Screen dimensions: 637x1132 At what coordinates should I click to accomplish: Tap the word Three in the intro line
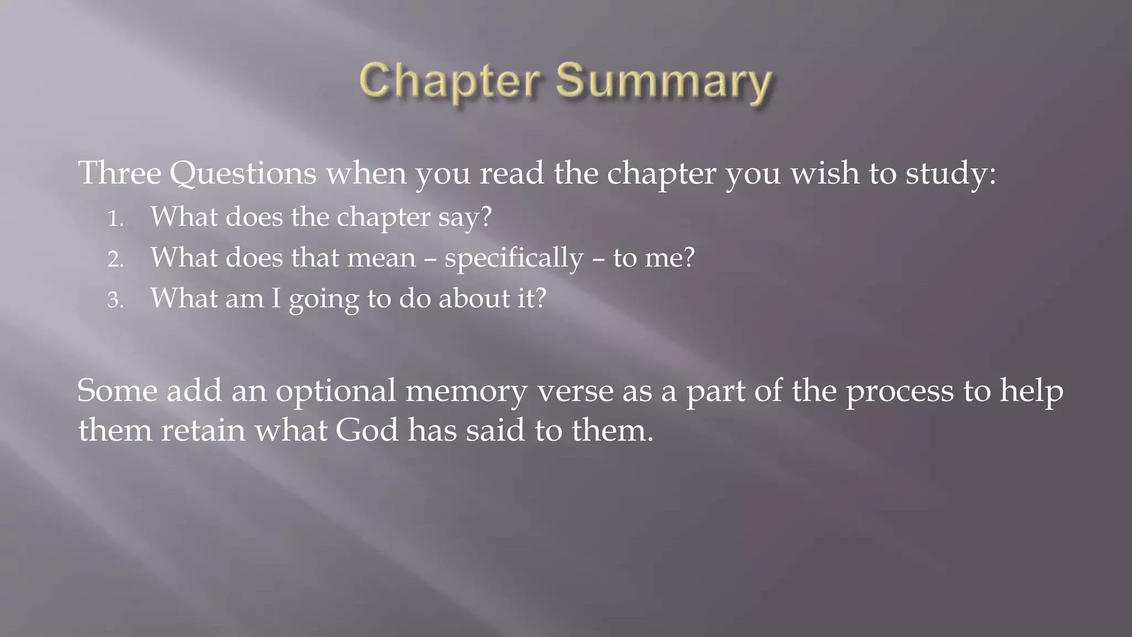pos(119,173)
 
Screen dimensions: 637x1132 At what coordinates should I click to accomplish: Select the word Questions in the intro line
pos(243,174)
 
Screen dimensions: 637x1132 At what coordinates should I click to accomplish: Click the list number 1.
pos(115,218)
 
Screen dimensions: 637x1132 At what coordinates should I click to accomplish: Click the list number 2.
pos(115,259)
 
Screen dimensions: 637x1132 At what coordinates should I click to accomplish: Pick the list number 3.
pos(115,300)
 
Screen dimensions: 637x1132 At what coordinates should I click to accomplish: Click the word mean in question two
pos(381,258)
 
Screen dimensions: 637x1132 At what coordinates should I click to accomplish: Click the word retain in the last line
pos(203,430)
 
